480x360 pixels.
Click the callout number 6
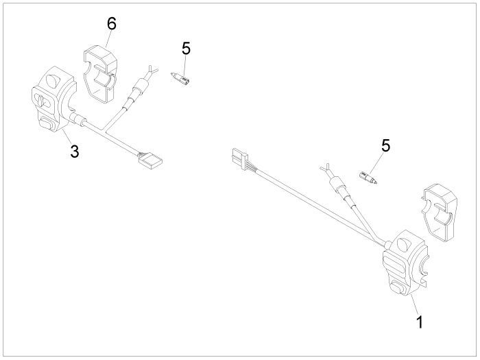point(111,23)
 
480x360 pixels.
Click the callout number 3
point(74,152)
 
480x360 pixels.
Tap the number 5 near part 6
point(186,49)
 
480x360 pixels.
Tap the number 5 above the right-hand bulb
point(386,145)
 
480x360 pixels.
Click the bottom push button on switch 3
point(46,123)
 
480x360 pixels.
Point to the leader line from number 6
point(106,38)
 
